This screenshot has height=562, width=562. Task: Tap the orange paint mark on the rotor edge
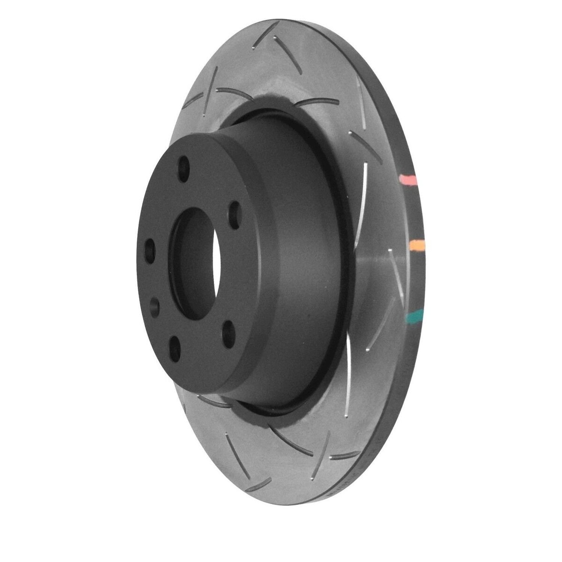(x=416, y=245)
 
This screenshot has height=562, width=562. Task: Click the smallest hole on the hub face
(x=155, y=306)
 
